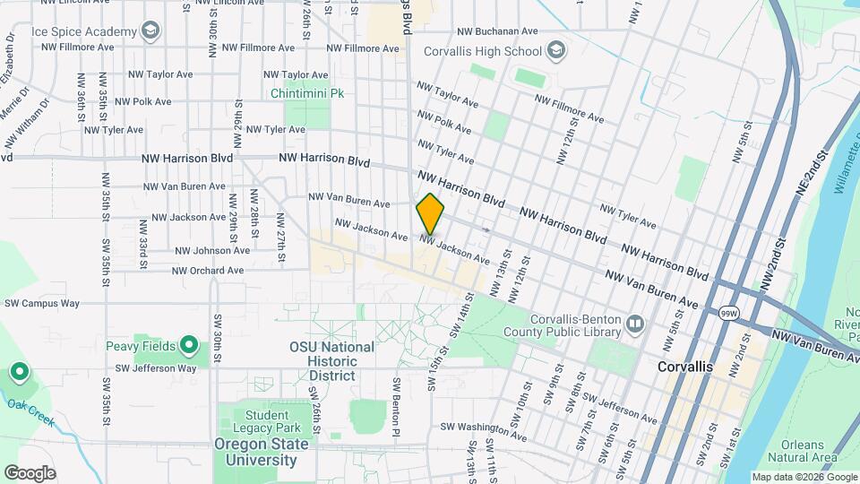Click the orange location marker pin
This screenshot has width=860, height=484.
(430, 213)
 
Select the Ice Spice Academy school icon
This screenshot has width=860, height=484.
(150, 32)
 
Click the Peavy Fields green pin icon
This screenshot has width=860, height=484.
(189, 345)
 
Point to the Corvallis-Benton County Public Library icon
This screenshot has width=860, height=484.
(635, 323)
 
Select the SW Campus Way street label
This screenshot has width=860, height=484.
(42, 304)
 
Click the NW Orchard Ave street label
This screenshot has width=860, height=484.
(208, 270)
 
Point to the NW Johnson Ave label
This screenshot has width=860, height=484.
(211, 251)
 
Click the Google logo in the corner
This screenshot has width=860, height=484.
(30, 473)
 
